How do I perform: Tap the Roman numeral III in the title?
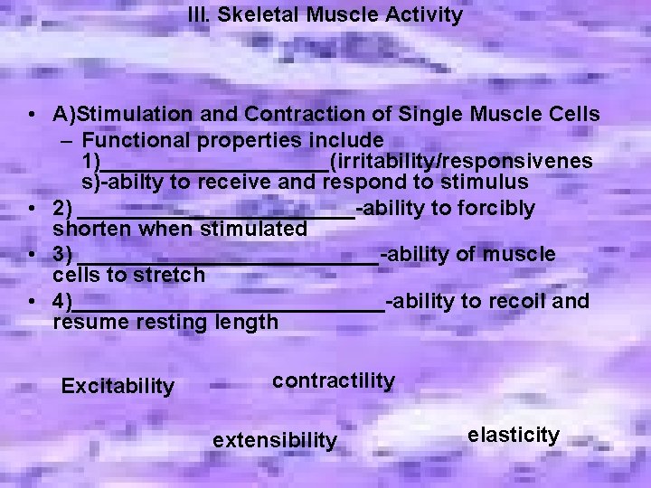pyautogui.click(x=197, y=15)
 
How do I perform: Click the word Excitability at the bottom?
pyautogui.click(x=117, y=387)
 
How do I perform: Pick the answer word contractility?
pyautogui.click(x=334, y=380)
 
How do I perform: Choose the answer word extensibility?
pyautogui.click(x=274, y=440)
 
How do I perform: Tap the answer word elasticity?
pyautogui.click(x=514, y=435)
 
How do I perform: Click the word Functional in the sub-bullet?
pyautogui.click(x=132, y=140)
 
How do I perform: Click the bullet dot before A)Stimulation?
pyautogui.click(x=32, y=116)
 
